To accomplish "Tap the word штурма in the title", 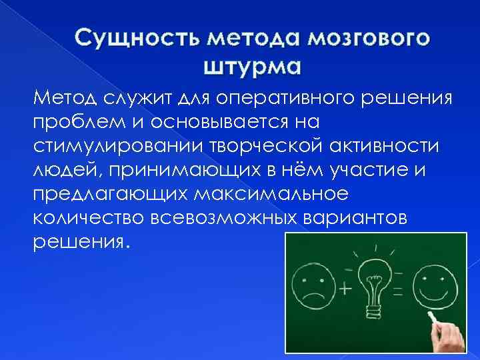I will coord(251,67).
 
